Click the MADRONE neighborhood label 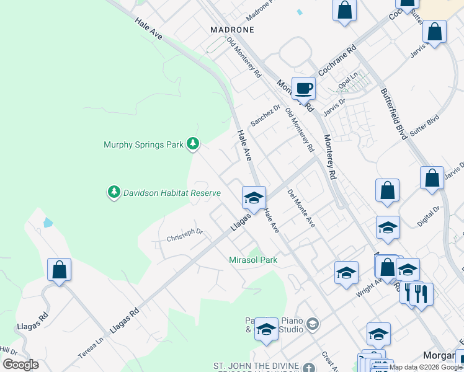233,29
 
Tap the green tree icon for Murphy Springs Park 193,144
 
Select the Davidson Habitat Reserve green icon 114,193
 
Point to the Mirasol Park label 253,260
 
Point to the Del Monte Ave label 301,208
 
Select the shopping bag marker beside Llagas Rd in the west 60,270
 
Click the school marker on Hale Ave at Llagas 254,198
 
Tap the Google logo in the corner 20,365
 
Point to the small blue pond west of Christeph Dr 48,223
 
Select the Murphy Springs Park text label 143,144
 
